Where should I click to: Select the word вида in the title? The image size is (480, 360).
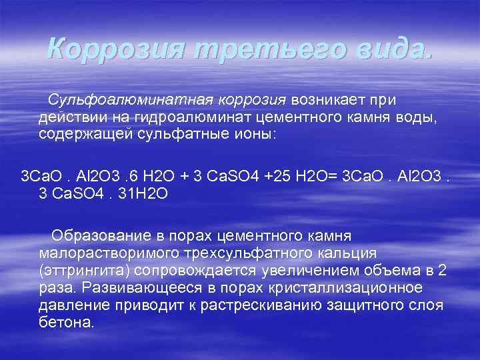(x=387, y=48)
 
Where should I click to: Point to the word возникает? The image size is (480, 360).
(x=330, y=100)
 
